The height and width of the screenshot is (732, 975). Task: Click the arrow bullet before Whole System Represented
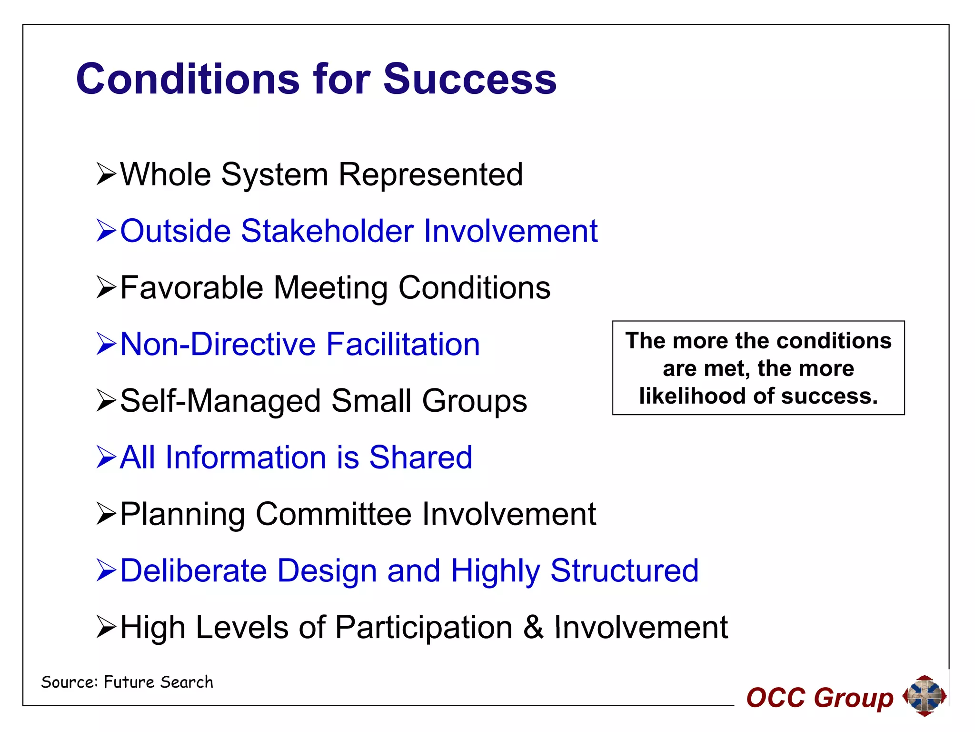point(106,174)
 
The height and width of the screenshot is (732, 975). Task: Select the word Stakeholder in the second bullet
point(327,231)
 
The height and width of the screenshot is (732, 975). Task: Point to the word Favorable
point(191,288)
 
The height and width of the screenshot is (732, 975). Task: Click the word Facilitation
point(403,344)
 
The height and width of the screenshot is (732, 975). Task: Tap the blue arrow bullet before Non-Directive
point(106,344)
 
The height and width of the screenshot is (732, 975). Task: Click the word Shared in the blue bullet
point(420,457)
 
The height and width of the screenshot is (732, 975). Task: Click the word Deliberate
point(193,570)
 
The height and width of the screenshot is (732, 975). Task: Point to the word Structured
point(624,570)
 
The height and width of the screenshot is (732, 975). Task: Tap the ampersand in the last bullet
point(533,627)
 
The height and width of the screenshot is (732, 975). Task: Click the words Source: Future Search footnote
point(127,682)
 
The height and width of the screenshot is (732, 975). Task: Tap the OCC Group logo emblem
point(924,695)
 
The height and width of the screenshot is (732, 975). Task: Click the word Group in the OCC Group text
point(853,699)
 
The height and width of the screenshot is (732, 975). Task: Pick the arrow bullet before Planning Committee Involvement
point(106,514)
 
